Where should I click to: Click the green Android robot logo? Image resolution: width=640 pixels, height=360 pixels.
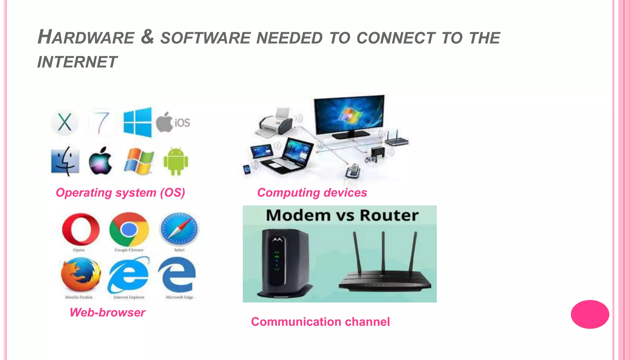176,161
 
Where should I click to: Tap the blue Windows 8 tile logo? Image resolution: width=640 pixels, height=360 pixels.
137,122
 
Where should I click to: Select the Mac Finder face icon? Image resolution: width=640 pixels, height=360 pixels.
65,161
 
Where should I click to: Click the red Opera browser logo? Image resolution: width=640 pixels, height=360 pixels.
81,230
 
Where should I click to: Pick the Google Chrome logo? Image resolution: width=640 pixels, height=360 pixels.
129,230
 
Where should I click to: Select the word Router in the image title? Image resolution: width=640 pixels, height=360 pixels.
389,215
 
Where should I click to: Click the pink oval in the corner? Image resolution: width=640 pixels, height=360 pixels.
590,314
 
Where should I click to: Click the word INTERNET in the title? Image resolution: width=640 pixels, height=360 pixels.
77,62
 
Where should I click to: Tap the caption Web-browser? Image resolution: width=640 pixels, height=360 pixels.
107,312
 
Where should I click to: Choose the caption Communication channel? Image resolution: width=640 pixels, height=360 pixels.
320,322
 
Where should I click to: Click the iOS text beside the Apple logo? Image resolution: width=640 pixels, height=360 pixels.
182,123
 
